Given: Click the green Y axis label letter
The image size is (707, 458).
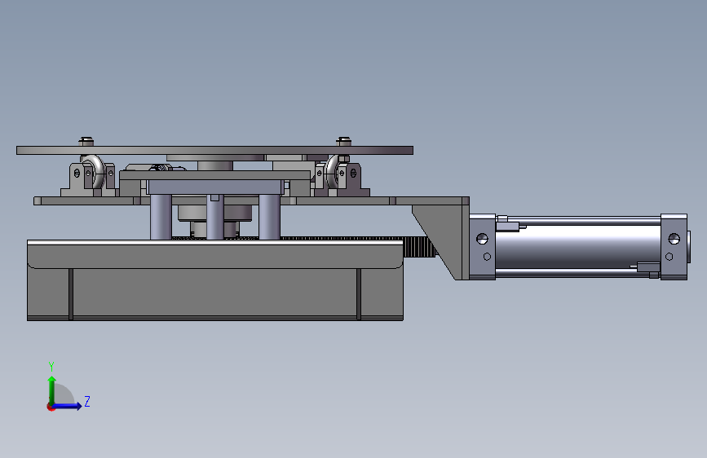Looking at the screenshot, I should click(x=51, y=366).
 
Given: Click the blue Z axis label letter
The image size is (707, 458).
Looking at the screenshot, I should click(x=86, y=402).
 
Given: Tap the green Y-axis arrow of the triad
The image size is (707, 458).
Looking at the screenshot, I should click(x=51, y=386).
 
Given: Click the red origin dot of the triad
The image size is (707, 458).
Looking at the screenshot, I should click(x=51, y=407).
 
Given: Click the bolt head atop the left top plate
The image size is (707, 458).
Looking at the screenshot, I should click(x=86, y=140).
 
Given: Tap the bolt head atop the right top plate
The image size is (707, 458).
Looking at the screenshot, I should click(x=342, y=140).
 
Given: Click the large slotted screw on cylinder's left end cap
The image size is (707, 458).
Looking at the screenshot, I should click(x=482, y=239).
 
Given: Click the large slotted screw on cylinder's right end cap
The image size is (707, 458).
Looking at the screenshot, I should click(x=674, y=239).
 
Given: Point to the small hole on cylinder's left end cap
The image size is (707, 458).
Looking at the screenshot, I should click(x=487, y=257).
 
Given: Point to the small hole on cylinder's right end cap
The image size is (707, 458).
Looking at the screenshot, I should click(x=669, y=257).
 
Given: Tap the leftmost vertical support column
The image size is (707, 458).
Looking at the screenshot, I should click(x=161, y=217).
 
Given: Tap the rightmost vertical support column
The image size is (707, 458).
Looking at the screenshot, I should click(x=269, y=217).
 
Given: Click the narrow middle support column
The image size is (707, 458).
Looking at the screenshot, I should click(x=214, y=218).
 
